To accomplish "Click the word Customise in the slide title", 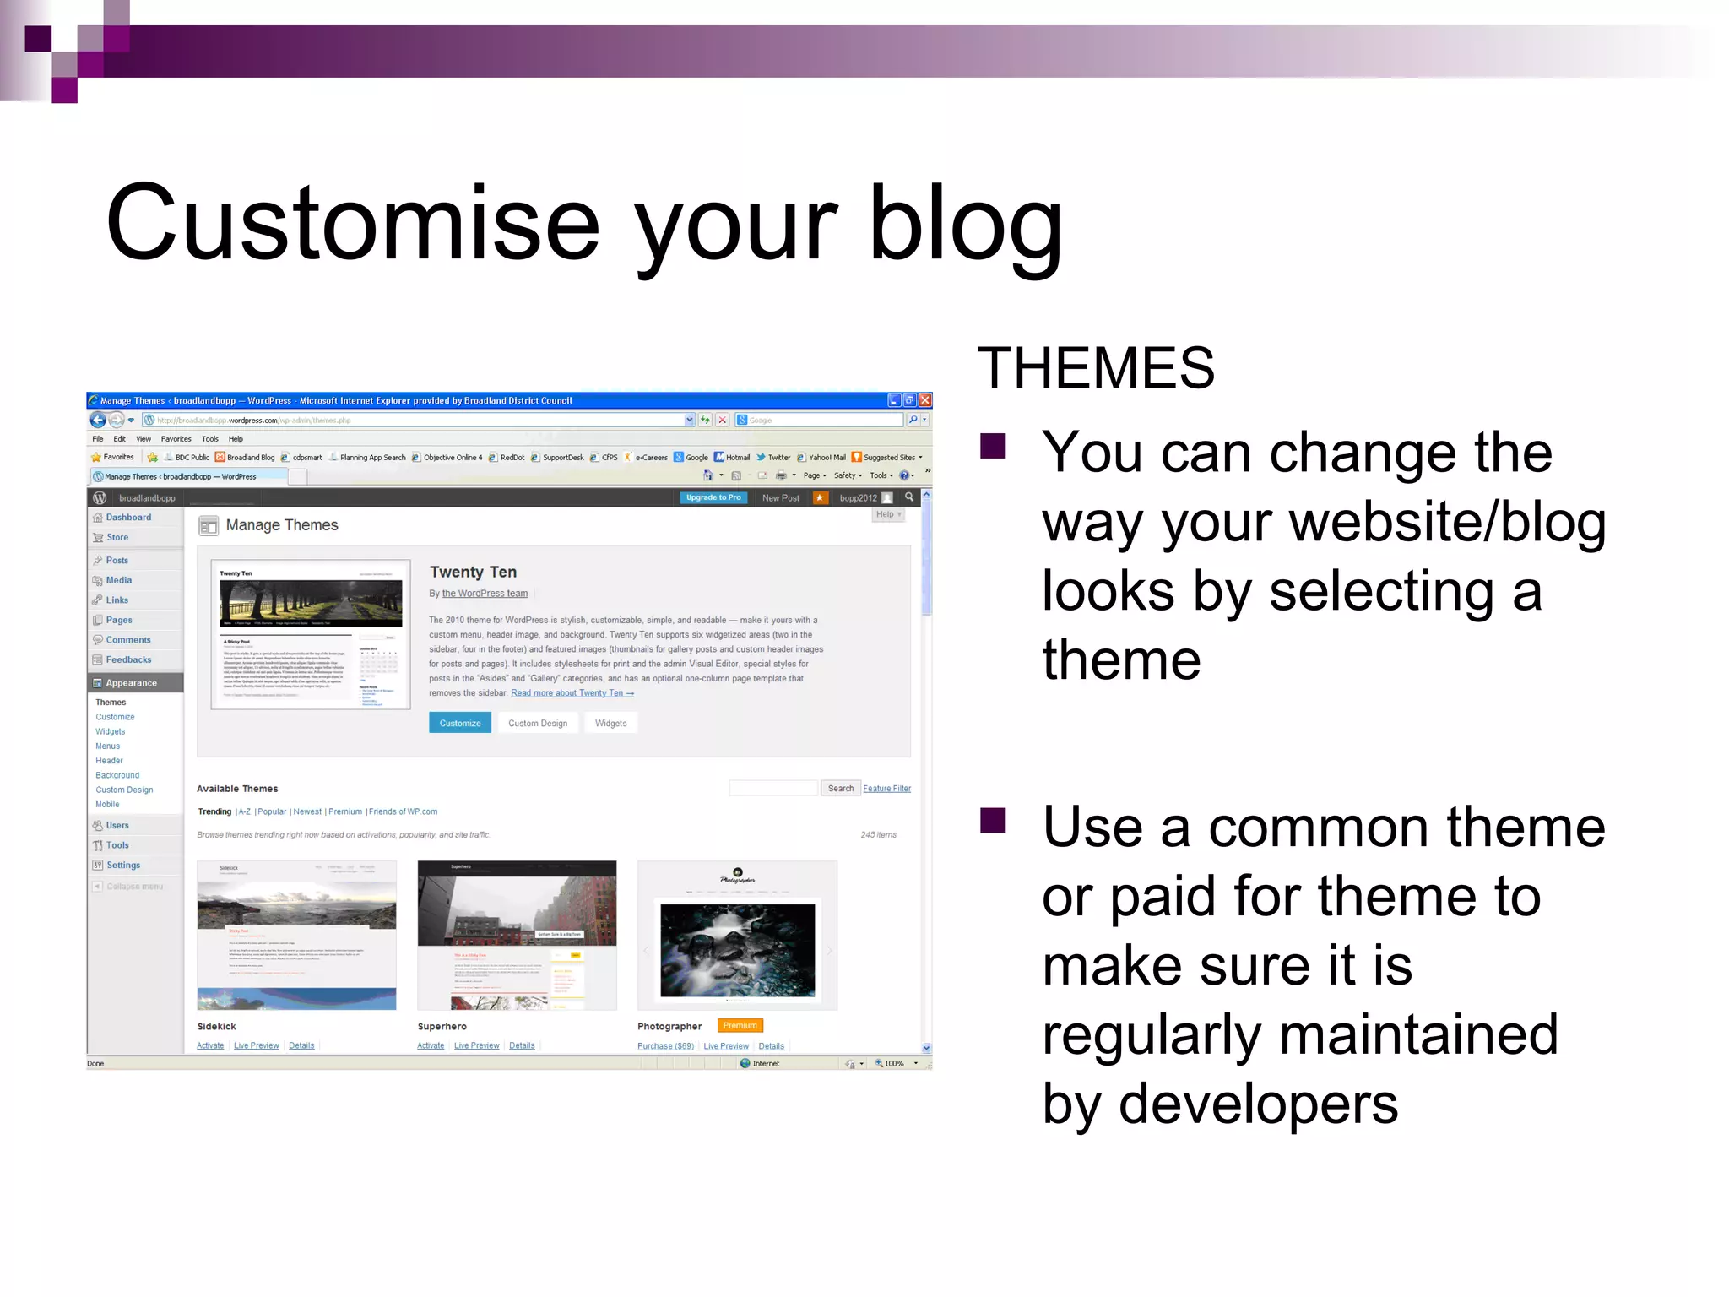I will coord(352,224).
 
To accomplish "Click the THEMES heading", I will coord(1096,368).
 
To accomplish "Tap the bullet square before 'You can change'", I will coord(993,446).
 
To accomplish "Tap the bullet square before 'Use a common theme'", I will coord(993,820).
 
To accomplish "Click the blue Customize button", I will coord(460,723).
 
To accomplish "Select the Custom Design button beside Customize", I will coord(538,723).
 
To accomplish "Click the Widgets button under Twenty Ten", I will coord(610,723).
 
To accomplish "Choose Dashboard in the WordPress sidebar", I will coord(128,518).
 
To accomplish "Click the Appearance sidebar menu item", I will coord(131,683).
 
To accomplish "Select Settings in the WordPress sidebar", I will coord(123,866).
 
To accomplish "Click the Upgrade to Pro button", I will coord(713,497).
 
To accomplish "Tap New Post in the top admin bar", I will coord(780,498).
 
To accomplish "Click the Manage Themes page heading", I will coord(282,525).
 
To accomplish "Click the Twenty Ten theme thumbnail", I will coord(311,634).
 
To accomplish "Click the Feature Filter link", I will coord(886,789).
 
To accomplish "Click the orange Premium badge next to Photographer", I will coord(740,1026).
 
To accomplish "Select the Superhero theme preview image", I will coord(517,935).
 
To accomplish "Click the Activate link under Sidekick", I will coord(210,1046).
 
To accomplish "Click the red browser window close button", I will coord(925,400).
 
